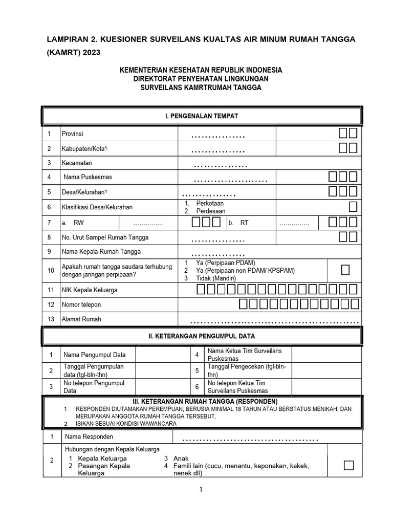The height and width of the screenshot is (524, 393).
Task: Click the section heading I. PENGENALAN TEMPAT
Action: click(201, 116)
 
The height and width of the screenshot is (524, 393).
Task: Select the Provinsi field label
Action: click(72, 134)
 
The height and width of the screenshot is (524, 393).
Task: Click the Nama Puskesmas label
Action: click(88, 177)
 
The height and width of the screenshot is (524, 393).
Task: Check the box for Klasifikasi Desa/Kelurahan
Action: click(353, 207)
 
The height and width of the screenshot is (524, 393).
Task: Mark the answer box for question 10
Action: click(345, 270)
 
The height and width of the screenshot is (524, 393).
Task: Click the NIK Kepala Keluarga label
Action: click(90, 290)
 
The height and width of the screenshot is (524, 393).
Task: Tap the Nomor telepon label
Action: click(81, 304)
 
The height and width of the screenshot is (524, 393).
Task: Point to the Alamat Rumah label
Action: click(81, 319)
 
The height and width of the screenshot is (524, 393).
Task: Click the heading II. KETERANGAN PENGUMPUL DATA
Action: click(201, 336)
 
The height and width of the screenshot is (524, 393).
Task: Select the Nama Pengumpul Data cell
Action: click(94, 355)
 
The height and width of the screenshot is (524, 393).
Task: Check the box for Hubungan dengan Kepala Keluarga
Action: click(348, 465)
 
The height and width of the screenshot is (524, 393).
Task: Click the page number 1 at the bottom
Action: click(201, 489)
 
